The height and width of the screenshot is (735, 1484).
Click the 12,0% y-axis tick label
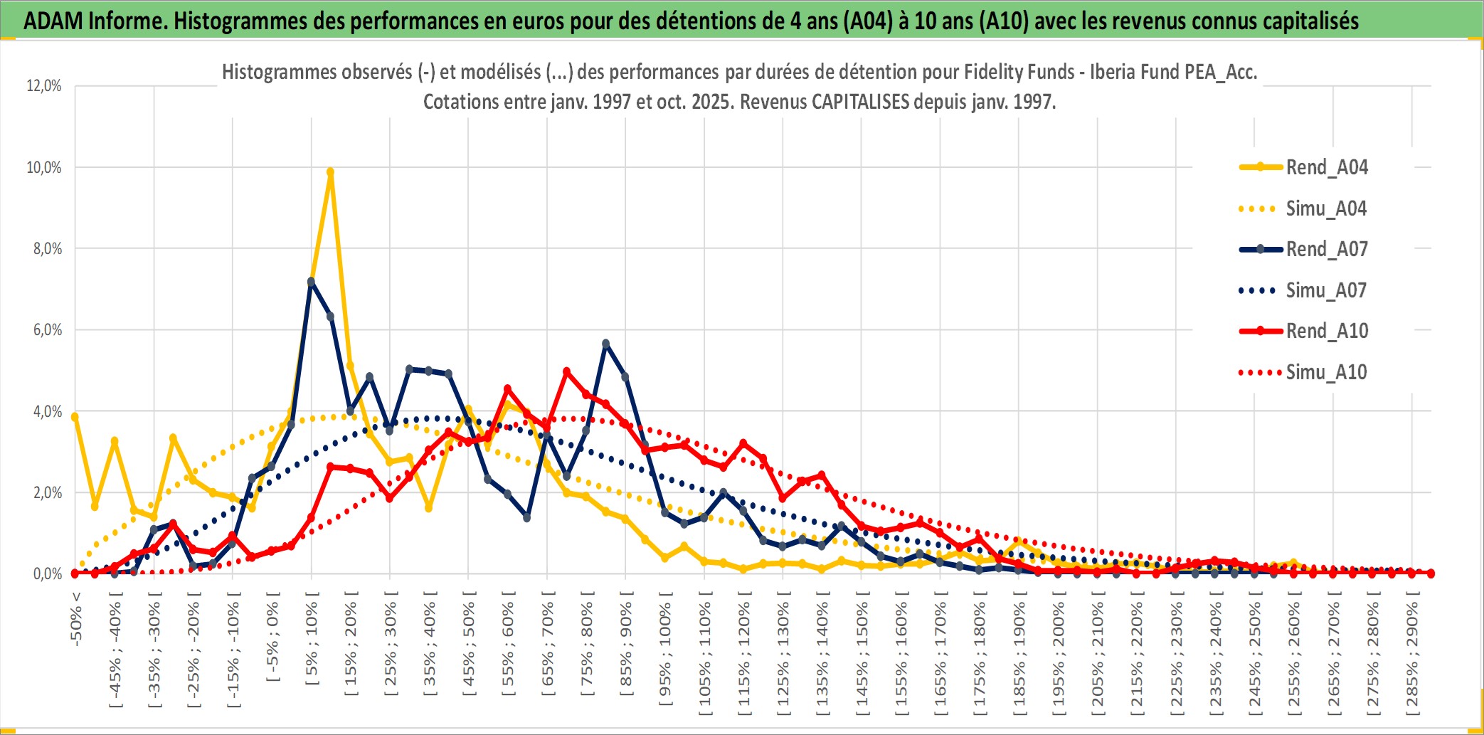pos(44,86)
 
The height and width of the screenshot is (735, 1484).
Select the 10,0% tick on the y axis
pos(44,168)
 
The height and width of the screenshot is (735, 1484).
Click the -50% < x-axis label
pos(76,619)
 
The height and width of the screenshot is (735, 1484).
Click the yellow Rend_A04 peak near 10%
pos(330,171)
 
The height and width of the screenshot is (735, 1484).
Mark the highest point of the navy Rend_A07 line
pos(311,282)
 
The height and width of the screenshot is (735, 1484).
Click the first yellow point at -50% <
pos(75,417)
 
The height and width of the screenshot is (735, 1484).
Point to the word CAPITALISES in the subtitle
pos(860,102)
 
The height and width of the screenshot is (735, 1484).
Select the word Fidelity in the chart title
pos(992,72)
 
